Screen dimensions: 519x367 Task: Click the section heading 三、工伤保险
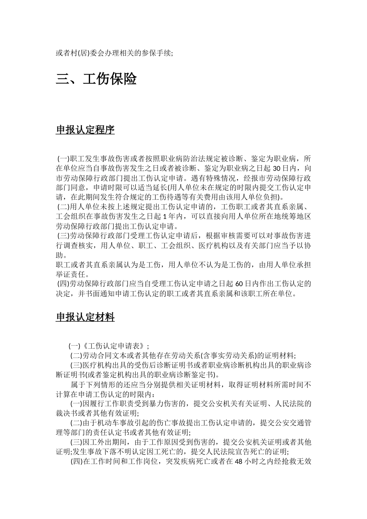96,80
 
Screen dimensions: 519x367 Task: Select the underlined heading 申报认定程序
85,130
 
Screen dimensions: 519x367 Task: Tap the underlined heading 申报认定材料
85,317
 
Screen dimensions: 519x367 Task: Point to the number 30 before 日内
277,168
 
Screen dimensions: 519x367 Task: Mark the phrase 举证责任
73,275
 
